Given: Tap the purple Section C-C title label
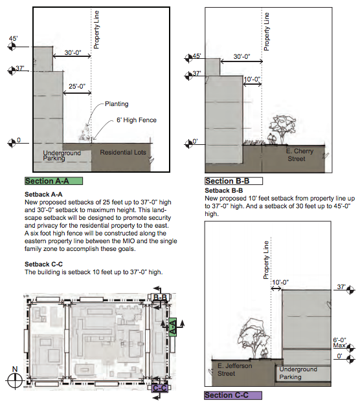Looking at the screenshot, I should click(x=232, y=395).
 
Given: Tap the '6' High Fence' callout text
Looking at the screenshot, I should click(x=137, y=120).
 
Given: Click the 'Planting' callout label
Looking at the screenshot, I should click(x=117, y=103).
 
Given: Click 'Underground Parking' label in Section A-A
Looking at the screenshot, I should click(x=61, y=155).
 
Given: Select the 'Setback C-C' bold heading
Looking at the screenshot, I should click(x=43, y=264).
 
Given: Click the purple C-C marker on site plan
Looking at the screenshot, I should click(x=160, y=387).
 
